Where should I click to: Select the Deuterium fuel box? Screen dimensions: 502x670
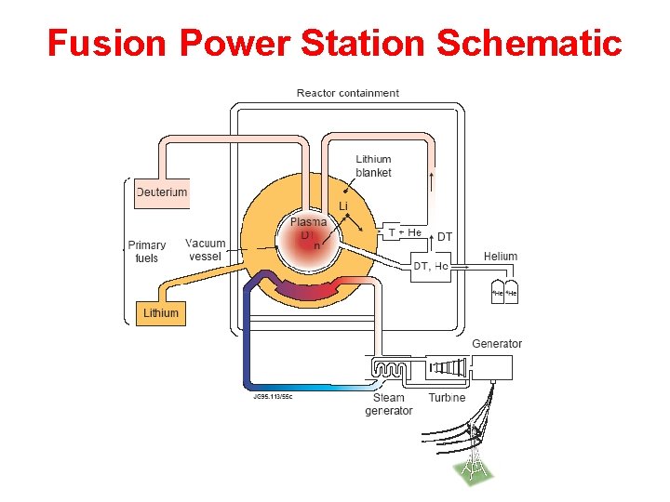point(161,192)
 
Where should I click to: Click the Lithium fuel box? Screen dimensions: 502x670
point(160,312)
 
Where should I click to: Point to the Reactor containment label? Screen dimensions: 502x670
point(347,93)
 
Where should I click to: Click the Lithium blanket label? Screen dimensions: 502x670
point(373,165)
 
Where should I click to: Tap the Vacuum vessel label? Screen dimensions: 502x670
point(205,249)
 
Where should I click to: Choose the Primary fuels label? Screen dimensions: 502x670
point(146,251)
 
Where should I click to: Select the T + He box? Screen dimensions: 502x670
point(405,231)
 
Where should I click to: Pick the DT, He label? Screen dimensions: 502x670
point(430,266)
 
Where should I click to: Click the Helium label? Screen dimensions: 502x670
point(501,256)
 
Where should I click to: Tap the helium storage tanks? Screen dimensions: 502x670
point(503,292)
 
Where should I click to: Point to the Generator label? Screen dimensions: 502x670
point(497,344)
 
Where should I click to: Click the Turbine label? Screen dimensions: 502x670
point(447,398)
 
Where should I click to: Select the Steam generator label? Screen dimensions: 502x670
point(388,403)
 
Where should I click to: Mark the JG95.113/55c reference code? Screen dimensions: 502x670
point(273,396)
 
